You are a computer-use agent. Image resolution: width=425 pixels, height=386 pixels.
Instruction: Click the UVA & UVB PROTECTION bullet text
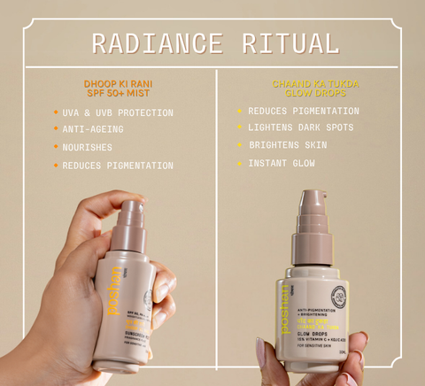click(x=118, y=112)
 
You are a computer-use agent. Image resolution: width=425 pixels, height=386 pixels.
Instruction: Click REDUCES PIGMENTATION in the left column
click(x=118, y=166)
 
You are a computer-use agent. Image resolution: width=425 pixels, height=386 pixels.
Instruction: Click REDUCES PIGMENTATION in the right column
click(x=304, y=111)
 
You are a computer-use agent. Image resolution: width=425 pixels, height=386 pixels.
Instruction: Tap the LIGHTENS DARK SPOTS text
click(x=301, y=127)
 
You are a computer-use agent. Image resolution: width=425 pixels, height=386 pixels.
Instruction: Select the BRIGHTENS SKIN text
click(x=288, y=145)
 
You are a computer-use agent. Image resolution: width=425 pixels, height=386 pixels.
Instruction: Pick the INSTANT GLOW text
click(x=282, y=163)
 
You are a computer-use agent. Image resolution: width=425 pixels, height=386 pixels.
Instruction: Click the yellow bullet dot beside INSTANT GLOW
click(x=239, y=164)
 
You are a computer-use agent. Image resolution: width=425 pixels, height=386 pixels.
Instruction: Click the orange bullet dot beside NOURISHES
click(x=55, y=148)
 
